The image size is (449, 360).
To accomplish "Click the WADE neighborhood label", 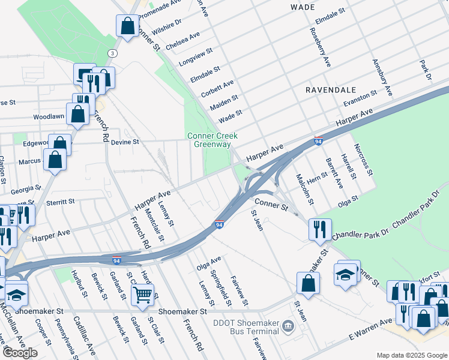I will pos(302,7).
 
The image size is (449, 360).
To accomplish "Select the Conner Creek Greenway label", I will pos(209,140).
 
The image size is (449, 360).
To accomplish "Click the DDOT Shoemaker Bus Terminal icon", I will pos(289,327).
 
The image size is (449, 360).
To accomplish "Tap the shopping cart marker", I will pos(142,294).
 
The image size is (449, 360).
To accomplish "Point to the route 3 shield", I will pos(112,53).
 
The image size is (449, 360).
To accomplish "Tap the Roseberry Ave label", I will pos(321,47).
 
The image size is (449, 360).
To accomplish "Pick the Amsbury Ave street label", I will pos(382,77).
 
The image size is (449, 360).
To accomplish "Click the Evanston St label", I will pos(360,97).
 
